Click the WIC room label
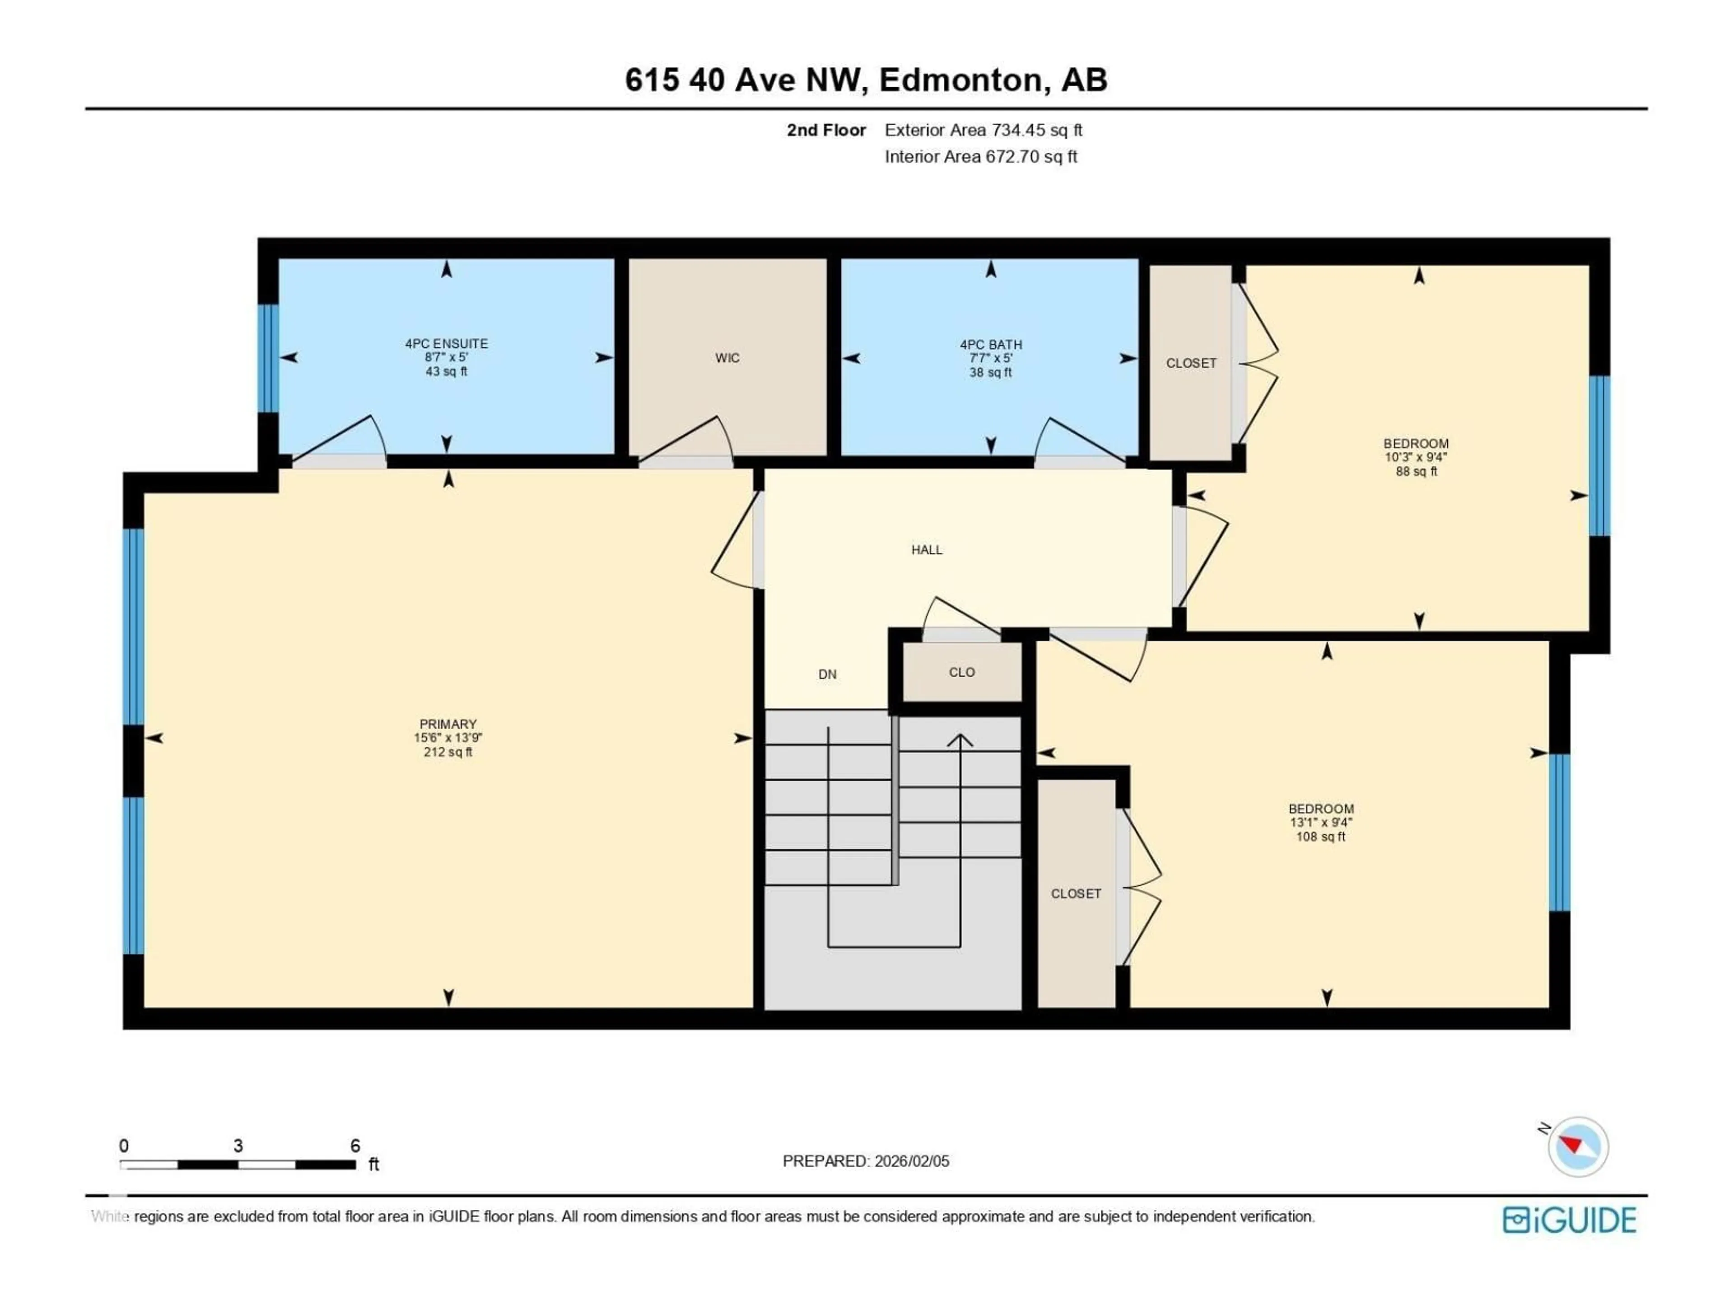pyautogui.click(x=727, y=358)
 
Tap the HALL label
pyautogui.click(x=927, y=550)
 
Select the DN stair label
pyautogui.click(x=827, y=674)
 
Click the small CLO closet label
pyautogui.click(x=962, y=672)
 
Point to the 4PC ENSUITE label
pyautogui.click(x=446, y=343)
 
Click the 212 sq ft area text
pyautogui.click(x=447, y=752)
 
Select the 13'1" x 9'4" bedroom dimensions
pyautogui.click(x=1321, y=823)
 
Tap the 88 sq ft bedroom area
pyautogui.click(x=1416, y=471)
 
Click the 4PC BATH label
pyautogui.click(x=990, y=344)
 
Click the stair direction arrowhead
pyautogui.click(x=960, y=739)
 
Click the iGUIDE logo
pyautogui.click(x=1569, y=1220)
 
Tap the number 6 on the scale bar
pyautogui.click(x=355, y=1146)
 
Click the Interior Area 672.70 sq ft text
pyautogui.click(x=981, y=157)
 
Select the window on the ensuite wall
pyautogui.click(x=268, y=358)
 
